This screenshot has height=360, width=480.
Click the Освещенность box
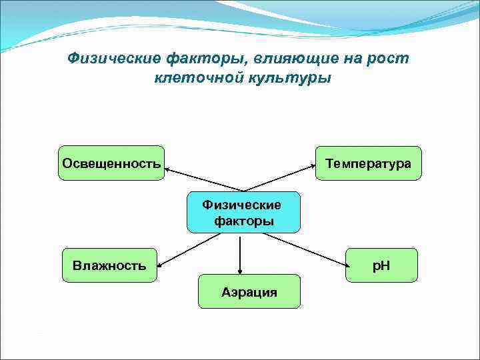[111, 163]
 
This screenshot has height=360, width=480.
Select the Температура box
[368, 163]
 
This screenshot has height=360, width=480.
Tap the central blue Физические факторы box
[243, 213]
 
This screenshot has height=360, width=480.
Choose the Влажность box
[109, 265]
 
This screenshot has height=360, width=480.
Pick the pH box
[381, 265]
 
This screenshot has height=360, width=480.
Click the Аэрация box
[249, 291]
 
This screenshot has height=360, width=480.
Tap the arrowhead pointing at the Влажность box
[161, 264]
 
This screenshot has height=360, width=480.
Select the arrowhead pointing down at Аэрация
[240, 270]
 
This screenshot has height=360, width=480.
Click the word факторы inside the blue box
[244, 221]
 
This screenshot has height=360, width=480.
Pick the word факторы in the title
[201, 59]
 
